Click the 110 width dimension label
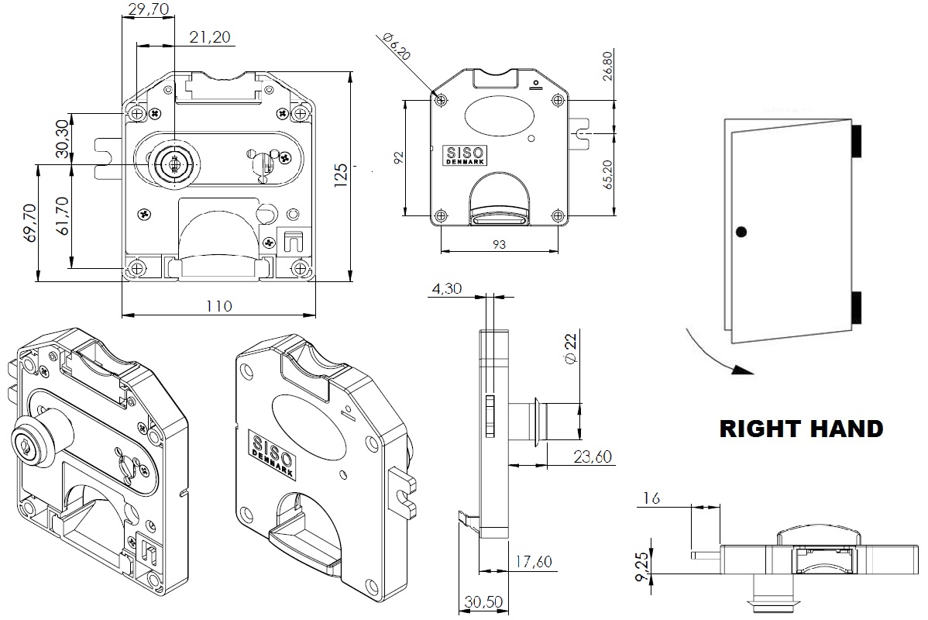coord(219,306)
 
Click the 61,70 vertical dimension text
coord(61,215)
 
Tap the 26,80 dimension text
coord(607,66)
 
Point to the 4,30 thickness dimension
coord(447,289)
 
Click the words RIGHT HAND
coord(801,429)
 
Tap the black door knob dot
coord(742,231)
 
